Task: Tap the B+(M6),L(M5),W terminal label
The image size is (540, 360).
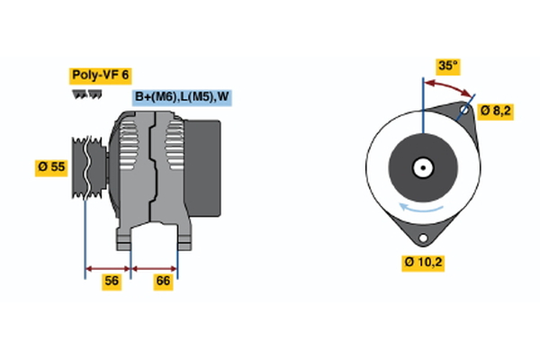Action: [182, 97]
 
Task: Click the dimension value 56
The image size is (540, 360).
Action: [111, 282]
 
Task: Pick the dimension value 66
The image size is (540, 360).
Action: [164, 282]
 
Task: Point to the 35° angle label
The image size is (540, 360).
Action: [447, 65]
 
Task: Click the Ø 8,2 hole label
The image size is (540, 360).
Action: [497, 112]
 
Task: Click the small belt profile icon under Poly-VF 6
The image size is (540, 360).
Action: [87, 94]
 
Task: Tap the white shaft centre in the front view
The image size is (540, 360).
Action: [421, 167]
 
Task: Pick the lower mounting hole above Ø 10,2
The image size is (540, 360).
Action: [421, 237]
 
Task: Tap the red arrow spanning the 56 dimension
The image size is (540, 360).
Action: [108, 267]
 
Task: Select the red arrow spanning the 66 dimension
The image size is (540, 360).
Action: [155, 267]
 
